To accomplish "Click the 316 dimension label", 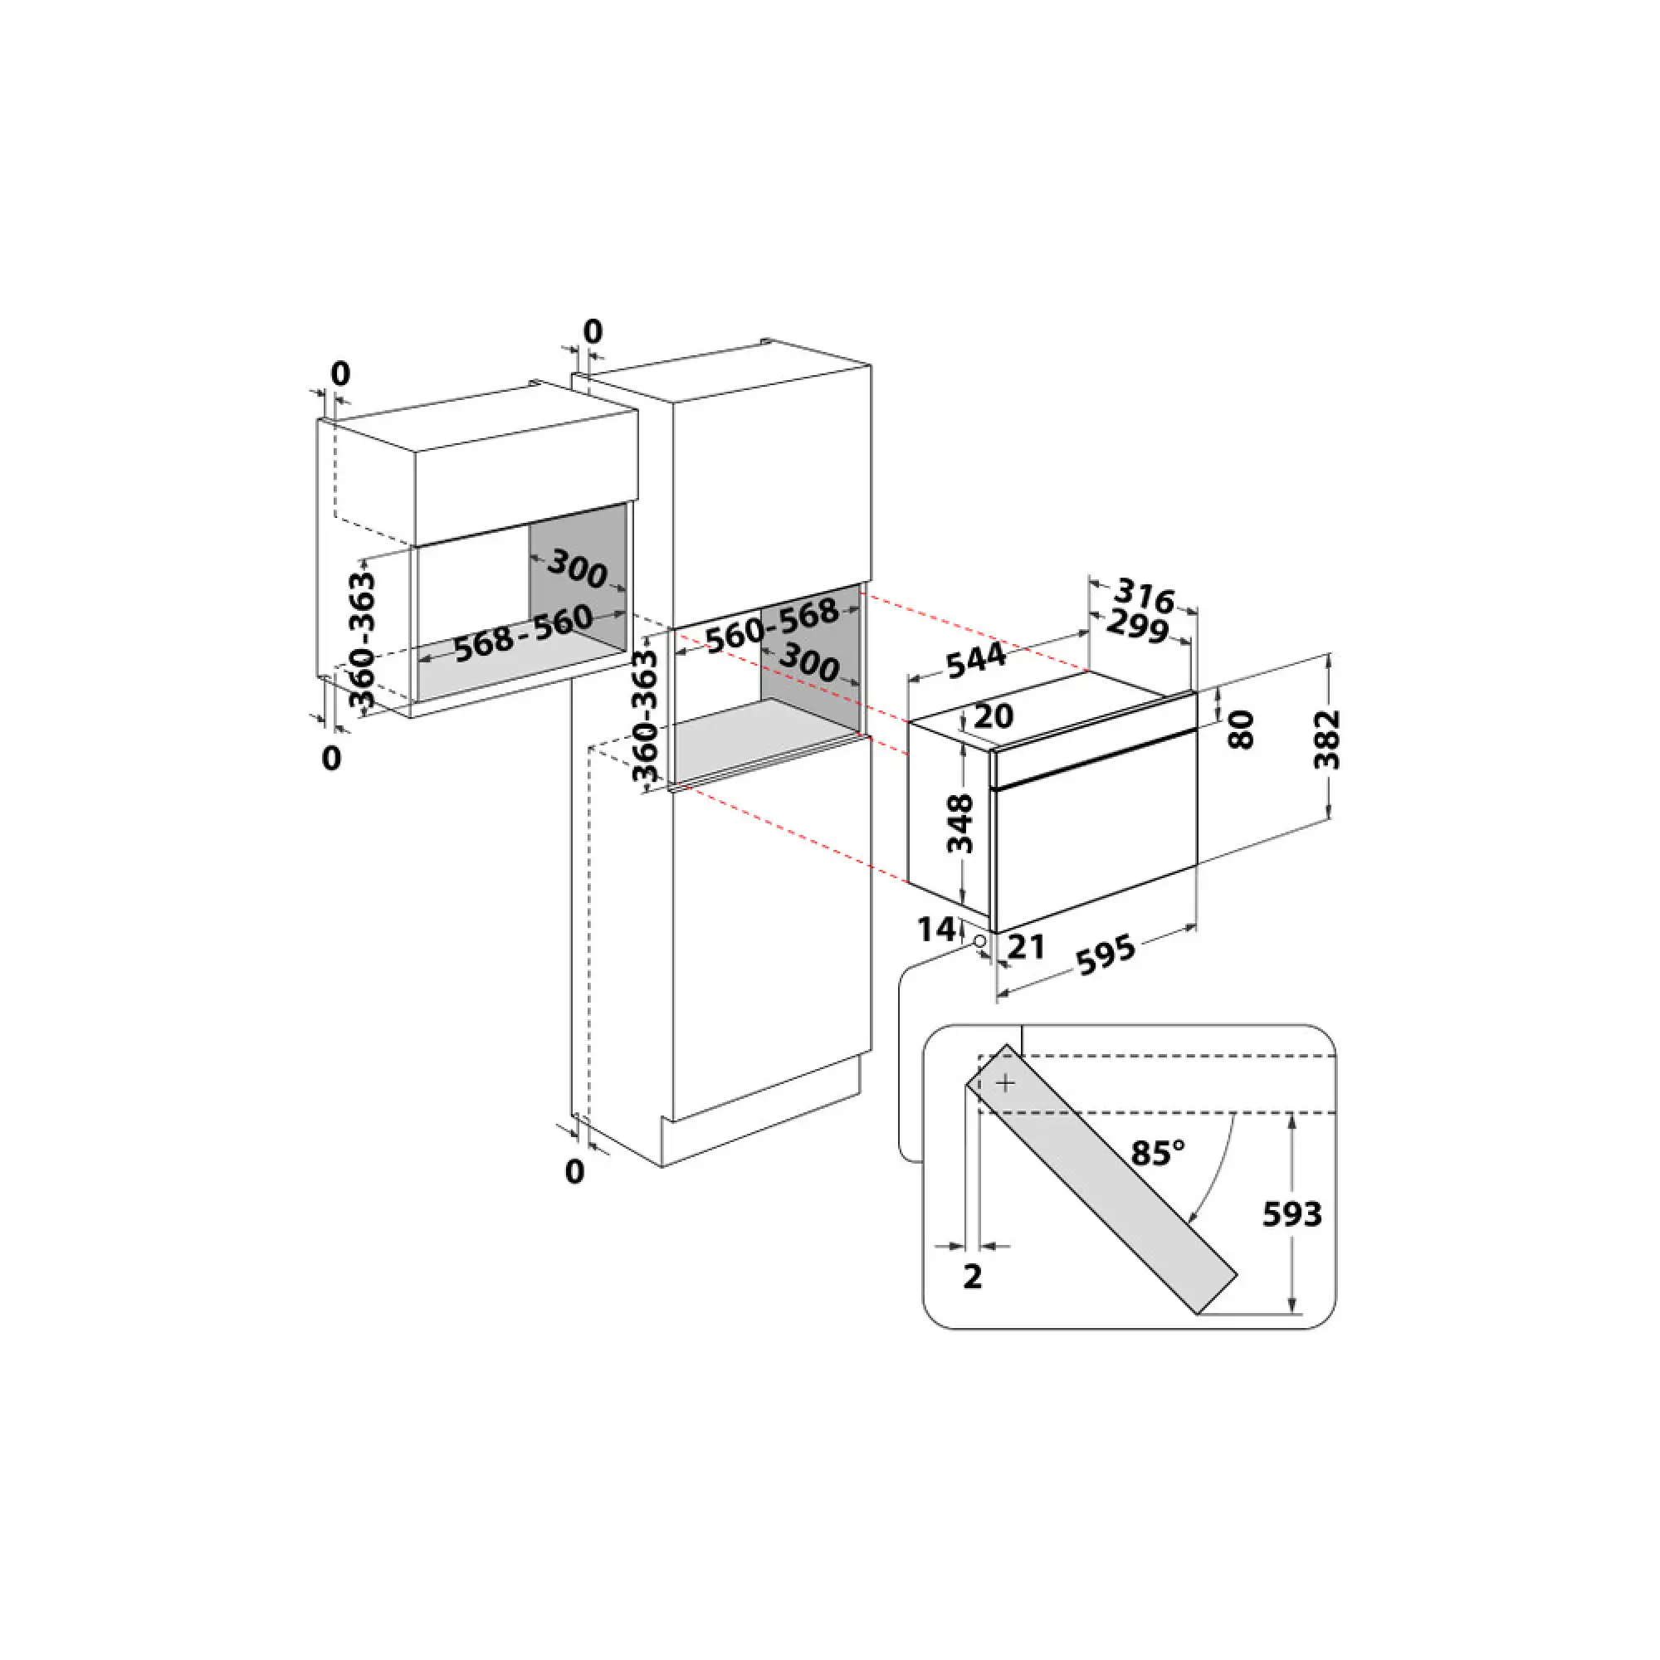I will click(1144, 595).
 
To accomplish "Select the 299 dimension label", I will click(1136, 627).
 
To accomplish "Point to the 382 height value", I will click(1327, 738).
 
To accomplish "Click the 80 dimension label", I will click(1243, 730).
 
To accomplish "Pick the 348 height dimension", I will click(959, 823).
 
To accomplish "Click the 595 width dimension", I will click(1106, 954).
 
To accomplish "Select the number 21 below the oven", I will click(1026, 947).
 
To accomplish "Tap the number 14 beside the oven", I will click(935, 929).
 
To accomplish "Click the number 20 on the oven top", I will click(994, 715).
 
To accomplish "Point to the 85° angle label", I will click(1157, 1152).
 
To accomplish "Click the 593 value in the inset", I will click(1291, 1214).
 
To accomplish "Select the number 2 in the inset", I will click(972, 1277).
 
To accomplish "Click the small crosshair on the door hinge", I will click(1005, 1084).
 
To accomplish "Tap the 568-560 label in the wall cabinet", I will click(522, 633).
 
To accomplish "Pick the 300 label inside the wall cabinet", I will click(578, 568).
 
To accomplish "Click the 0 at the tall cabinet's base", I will click(575, 1171).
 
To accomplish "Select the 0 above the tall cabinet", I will click(593, 331).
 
